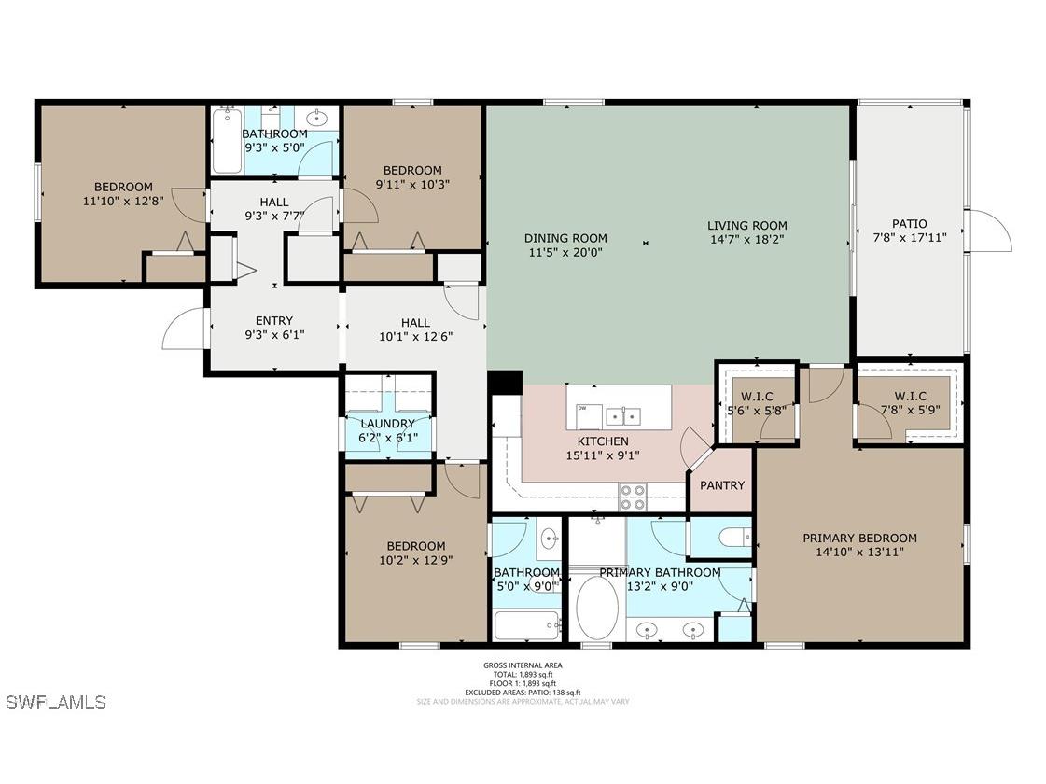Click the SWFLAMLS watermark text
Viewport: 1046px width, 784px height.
coord(56,702)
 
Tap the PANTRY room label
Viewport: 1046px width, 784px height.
coord(722,485)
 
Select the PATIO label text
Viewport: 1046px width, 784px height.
coord(909,224)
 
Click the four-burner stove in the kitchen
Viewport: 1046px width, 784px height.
coord(634,497)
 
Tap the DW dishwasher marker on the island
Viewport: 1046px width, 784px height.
coord(582,408)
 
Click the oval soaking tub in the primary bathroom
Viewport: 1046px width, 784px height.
coord(596,607)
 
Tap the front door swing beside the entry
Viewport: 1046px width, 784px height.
coord(184,329)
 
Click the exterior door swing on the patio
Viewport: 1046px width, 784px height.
coord(989,231)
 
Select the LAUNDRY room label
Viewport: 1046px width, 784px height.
coord(388,424)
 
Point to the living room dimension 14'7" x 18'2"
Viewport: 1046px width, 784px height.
coord(746,239)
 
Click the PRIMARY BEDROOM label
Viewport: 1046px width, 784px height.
coord(859,539)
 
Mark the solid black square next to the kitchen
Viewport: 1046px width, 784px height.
coord(505,383)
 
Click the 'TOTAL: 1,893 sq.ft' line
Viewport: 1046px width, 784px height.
coord(523,675)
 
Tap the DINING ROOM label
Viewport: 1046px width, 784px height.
coord(565,239)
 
